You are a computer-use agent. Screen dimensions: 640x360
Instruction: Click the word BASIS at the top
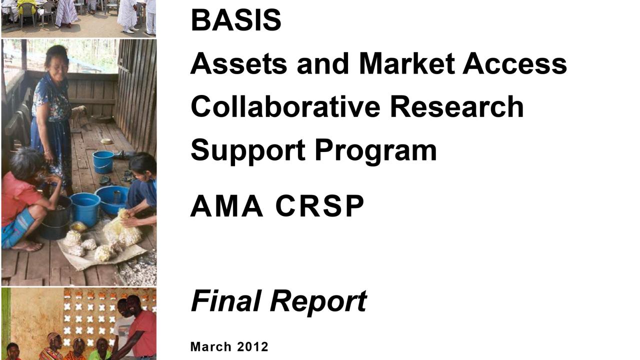coord(236,20)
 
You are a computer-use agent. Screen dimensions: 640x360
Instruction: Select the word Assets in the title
coord(238,63)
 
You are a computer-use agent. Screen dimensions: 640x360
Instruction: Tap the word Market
coord(406,63)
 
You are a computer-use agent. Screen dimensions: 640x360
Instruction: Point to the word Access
coord(515,63)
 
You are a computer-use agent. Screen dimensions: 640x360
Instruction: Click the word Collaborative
coord(285,106)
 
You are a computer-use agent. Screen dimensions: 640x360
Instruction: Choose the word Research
coord(457,106)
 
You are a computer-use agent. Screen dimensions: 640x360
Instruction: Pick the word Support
coord(248,150)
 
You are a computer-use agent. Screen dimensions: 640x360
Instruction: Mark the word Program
coord(375,150)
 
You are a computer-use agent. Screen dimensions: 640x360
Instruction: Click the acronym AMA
coord(226,206)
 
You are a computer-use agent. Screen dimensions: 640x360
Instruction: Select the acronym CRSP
coord(319,206)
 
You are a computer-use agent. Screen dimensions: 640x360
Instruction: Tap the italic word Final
coord(226,300)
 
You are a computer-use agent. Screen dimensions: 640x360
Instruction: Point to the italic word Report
coord(318,302)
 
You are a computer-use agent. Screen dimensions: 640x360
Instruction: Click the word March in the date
coord(211,347)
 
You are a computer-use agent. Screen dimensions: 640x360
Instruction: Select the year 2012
coord(253,347)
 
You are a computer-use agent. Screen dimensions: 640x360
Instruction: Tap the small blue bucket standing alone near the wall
coord(103,161)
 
